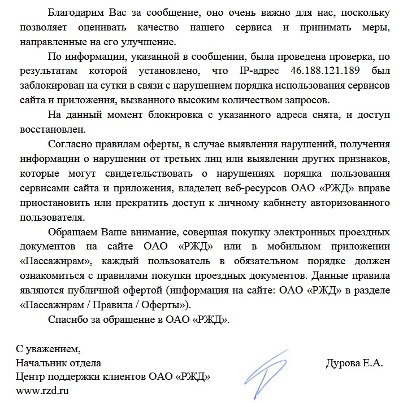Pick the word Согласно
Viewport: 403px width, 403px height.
coord(69,144)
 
